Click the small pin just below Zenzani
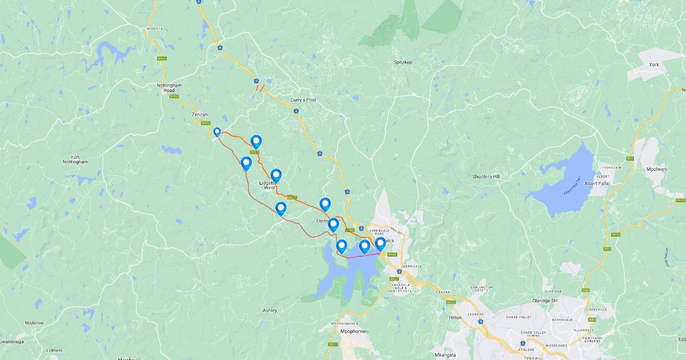(217, 132)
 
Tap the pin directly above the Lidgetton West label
(276, 175)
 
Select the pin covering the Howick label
(380, 243)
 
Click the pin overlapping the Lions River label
(333, 224)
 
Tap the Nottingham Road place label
(169, 87)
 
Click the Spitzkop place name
(403, 62)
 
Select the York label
(654, 65)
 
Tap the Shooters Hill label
(486, 177)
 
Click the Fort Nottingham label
(75, 159)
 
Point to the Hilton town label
(456, 317)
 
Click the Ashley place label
(270, 310)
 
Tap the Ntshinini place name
(35, 323)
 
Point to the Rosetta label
(154, 29)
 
